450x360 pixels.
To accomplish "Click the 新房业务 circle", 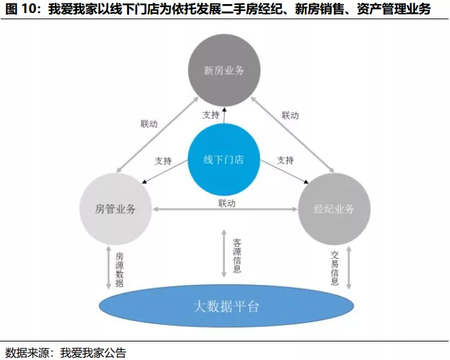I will point(225,71).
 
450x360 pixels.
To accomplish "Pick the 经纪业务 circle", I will point(334,209).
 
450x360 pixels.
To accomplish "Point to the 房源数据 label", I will point(120,267).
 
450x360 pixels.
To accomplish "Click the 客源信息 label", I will point(237,256).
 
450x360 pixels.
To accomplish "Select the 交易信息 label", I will point(335,267).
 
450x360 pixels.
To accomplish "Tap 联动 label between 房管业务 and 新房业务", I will point(149,124).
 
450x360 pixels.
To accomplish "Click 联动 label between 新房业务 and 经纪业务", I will point(291,115).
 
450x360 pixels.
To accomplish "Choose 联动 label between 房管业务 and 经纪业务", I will point(227,203).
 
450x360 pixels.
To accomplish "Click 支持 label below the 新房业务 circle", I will point(211,115).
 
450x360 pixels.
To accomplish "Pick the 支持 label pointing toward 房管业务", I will point(163,161).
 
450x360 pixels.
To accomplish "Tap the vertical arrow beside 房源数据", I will point(108,267).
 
